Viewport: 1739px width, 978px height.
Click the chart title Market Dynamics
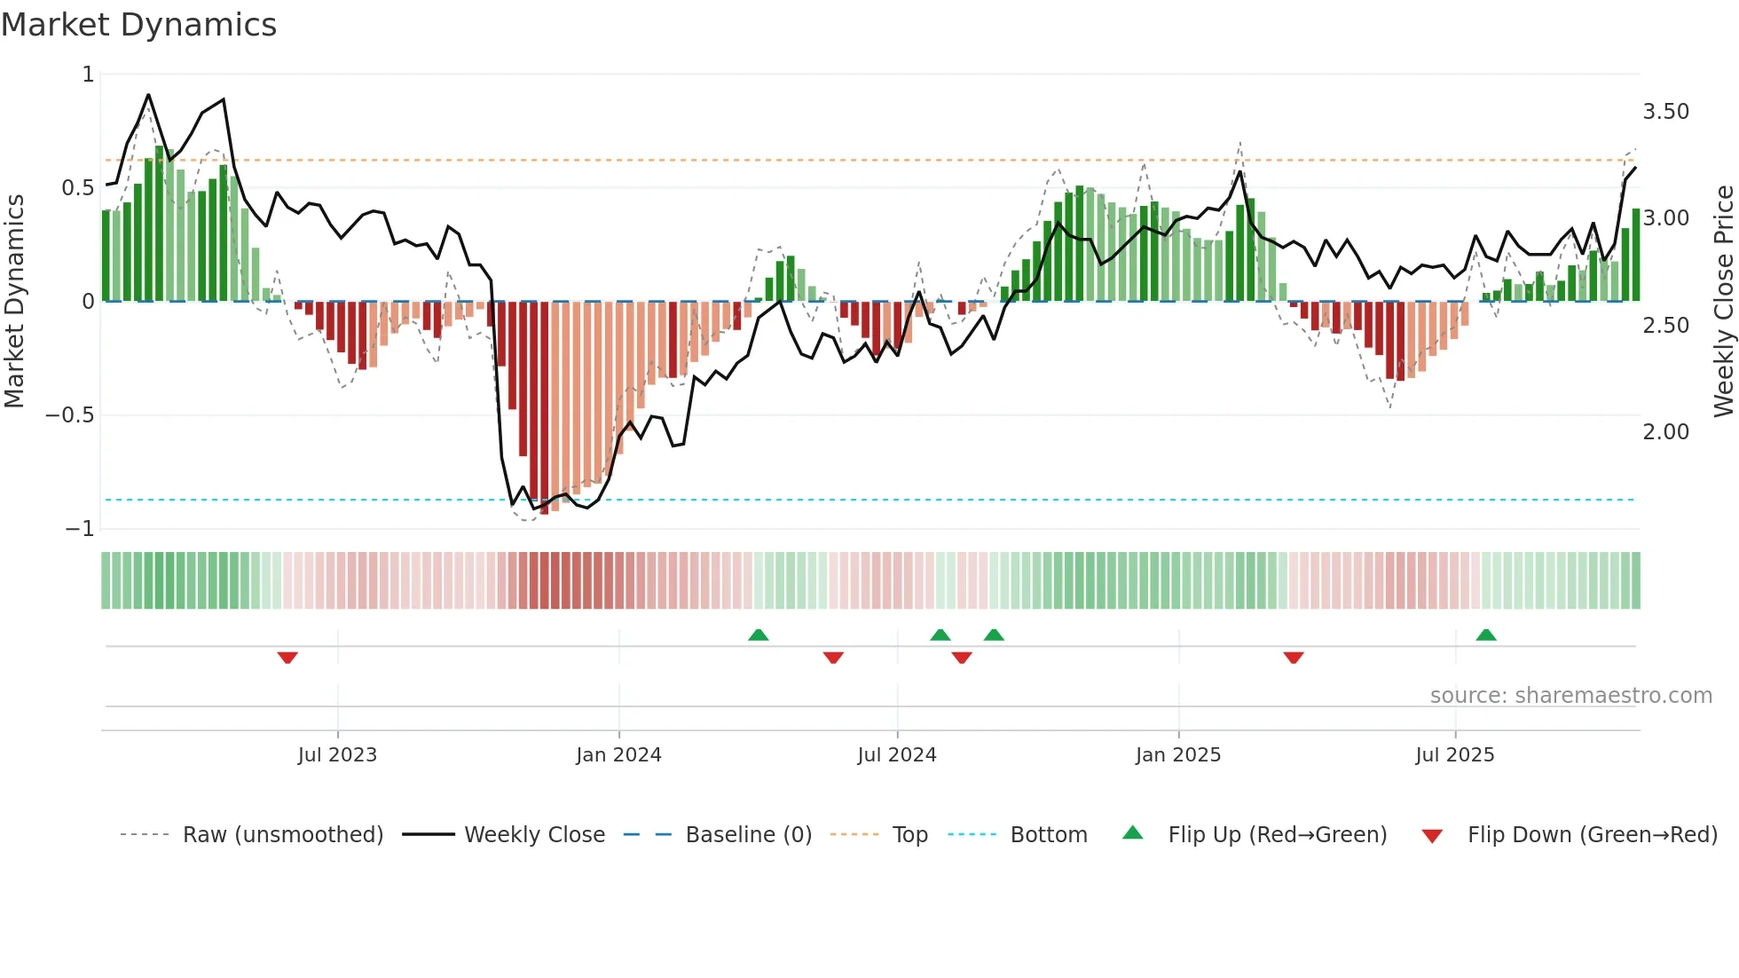click(138, 25)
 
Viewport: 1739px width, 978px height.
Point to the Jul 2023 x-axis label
click(337, 755)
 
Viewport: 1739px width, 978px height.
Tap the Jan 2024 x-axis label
click(618, 755)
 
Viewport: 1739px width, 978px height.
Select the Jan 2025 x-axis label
click(1178, 755)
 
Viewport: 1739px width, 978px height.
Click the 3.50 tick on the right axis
click(1665, 112)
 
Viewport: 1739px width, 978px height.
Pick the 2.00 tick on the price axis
click(1665, 432)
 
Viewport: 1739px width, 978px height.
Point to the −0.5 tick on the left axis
click(69, 415)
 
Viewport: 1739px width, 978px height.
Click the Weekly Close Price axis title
click(1723, 301)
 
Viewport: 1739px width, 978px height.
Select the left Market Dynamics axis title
click(14, 301)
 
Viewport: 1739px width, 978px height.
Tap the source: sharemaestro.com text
click(1570, 696)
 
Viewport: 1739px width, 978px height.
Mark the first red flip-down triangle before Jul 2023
click(287, 658)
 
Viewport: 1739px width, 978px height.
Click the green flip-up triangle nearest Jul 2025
click(1486, 635)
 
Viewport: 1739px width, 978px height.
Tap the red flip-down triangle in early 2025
click(1294, 658)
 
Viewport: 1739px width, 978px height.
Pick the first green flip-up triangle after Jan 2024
click(758, 635)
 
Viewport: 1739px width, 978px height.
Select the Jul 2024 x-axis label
click(897, 755)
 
